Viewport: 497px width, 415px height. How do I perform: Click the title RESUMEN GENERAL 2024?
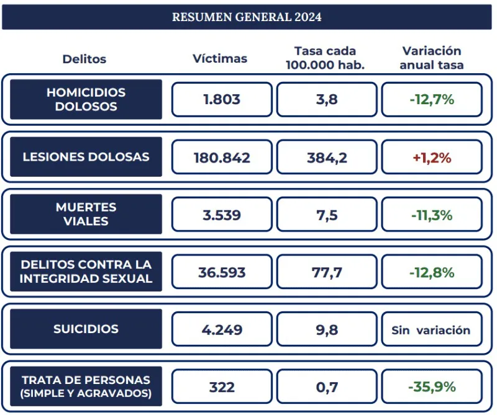(247, 17)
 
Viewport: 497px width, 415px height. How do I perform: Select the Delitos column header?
(84, 59)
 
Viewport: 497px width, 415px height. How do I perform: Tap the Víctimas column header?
(220, 58)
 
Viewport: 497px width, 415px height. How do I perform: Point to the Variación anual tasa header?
(432, 58)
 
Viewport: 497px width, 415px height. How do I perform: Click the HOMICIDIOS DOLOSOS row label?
(86, 99)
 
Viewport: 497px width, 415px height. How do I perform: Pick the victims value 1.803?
(222, 99)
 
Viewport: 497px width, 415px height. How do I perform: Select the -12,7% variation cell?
(432, 99)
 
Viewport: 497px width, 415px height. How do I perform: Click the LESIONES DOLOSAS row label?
(86, 157)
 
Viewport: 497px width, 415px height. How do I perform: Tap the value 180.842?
(222, 158)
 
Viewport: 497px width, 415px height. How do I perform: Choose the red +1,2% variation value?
(432, 158)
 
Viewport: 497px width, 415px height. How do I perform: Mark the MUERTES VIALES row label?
(86, 214)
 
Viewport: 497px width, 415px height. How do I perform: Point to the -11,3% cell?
(432, 215)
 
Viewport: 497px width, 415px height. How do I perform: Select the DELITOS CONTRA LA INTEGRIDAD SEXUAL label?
(86, 272)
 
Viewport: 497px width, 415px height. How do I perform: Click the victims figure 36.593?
(222, 272)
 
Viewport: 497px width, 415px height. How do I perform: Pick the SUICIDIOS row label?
(86, 329)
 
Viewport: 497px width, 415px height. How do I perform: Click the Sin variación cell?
(432, 330)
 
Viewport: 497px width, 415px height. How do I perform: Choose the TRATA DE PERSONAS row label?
(86, 386)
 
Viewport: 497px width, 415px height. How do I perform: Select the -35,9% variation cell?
(432, 386)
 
